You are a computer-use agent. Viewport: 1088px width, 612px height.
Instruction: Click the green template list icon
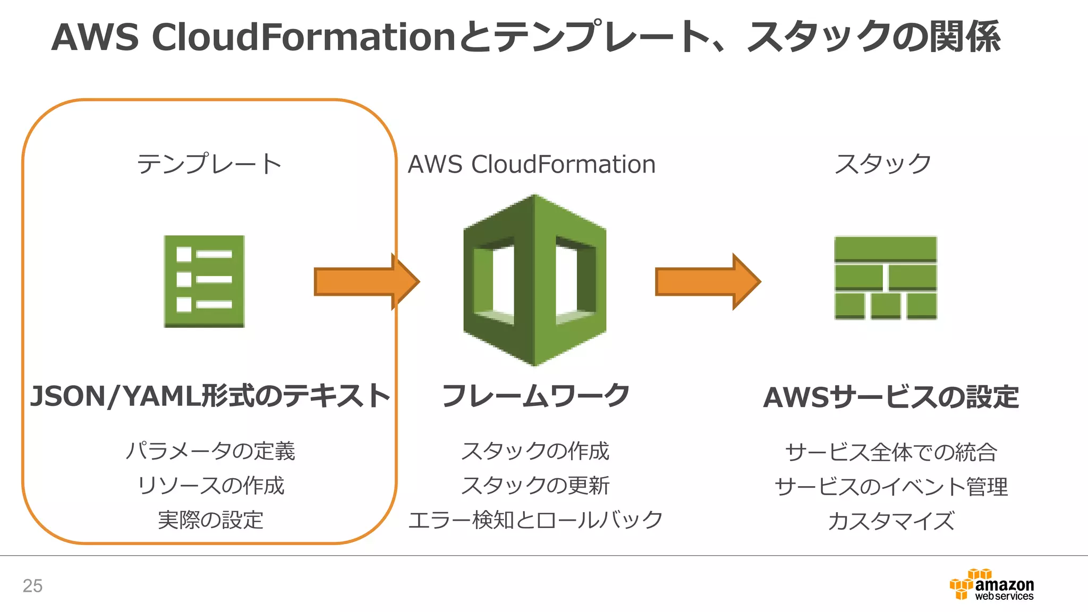click(x=204, y=281)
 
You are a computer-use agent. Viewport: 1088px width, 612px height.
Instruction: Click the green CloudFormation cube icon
click(x=534, y=280)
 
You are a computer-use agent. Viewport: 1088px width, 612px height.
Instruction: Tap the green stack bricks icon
click(x=886, y=278)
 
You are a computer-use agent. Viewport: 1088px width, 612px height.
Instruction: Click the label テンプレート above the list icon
click(x=209, y=164)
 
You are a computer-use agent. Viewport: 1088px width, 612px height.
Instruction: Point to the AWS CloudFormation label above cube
click(x=531, y=164)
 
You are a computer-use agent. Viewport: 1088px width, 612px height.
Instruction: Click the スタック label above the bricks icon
click(x=882, y=164)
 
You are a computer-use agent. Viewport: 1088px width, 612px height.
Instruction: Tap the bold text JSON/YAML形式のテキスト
click(x=210, y=396)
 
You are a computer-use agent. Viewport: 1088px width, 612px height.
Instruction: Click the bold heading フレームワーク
click(x=535, y=396)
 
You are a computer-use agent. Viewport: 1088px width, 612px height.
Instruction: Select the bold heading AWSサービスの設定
click(x=891, y=397)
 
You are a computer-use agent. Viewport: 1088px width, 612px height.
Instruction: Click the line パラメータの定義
click(x=210, y=451)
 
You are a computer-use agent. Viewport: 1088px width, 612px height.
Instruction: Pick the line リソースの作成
click(x=210, y=485)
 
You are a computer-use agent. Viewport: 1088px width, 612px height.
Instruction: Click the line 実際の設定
click(x=210, y=520)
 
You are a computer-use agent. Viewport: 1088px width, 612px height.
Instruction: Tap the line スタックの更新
click(x=535, y=485)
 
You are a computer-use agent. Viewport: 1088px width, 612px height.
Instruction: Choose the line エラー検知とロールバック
click(x=535, y=520)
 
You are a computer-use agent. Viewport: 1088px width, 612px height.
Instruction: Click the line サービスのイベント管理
click(x=891, y=486)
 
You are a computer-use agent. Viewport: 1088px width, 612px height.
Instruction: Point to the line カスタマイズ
click(x=891, y=521)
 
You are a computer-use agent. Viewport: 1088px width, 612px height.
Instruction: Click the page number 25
click(x=32, y=585)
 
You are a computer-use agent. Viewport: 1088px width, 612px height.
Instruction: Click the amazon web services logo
click(x=992, y=585)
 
